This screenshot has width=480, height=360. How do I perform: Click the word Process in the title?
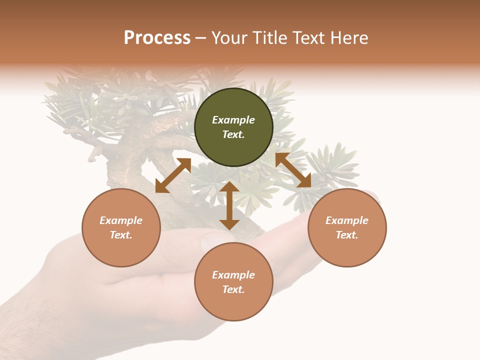(x=157, y=38)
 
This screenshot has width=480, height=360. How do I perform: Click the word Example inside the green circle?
(x=233, y=120)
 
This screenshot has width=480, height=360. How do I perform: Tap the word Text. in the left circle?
(x=121, y=235)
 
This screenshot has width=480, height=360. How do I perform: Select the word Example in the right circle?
(x=347, y=220)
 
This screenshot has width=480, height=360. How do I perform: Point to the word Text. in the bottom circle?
(x=233, y=289)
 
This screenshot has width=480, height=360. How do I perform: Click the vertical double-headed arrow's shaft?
(x=229, y=206)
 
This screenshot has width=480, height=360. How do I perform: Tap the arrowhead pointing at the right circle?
(x=304, y=181)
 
